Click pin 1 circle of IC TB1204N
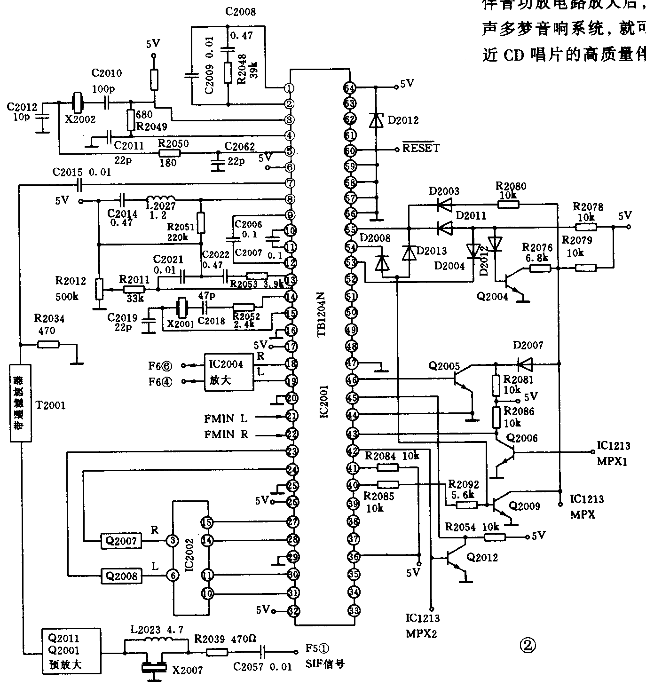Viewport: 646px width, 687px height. point(290,88)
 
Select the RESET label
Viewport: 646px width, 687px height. point(421,148)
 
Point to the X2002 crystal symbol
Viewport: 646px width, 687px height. point(78,102)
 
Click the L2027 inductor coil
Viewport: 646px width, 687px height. point(160,199)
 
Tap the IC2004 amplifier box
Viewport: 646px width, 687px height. point(228,371)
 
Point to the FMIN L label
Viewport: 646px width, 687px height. point(226,418)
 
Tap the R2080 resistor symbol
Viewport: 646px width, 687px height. point(509,204)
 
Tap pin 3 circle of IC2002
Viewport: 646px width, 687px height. point(173,541)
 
